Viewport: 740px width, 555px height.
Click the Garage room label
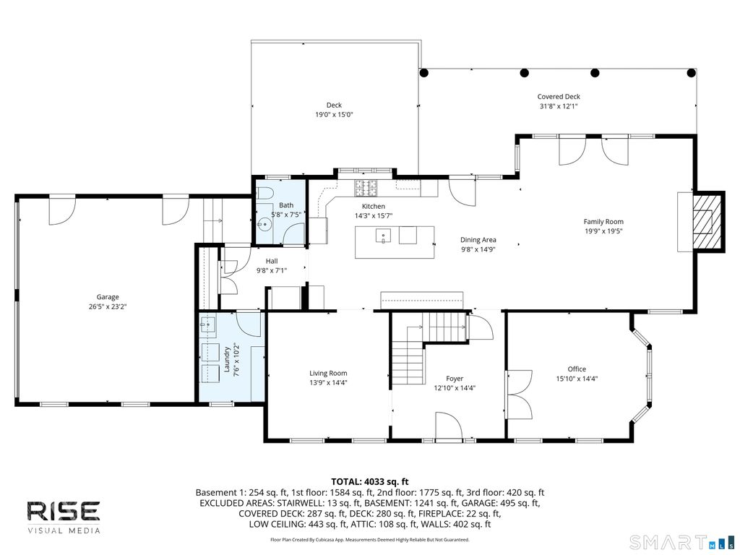(108, 297)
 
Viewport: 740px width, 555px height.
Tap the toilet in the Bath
(264, 194)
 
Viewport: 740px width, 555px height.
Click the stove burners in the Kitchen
(366, 188)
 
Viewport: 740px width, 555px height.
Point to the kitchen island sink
(383, 235)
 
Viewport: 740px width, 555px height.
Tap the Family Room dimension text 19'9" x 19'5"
(603, 231)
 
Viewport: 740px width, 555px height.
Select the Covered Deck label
(559, 97)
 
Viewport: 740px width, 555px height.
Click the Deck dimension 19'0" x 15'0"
(334, 115)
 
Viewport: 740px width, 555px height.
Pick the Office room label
(577, 369)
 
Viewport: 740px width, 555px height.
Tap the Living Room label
(328, 374)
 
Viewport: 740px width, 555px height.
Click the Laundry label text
(226, 359)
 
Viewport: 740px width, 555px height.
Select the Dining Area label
(478, 240)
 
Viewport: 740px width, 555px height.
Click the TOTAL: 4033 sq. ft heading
(369, 482)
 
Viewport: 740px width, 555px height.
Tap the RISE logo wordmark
(64, 512)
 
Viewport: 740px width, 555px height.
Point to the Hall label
(272, 261)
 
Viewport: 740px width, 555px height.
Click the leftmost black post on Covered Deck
(423, 73)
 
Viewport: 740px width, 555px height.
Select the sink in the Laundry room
(207, 324)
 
